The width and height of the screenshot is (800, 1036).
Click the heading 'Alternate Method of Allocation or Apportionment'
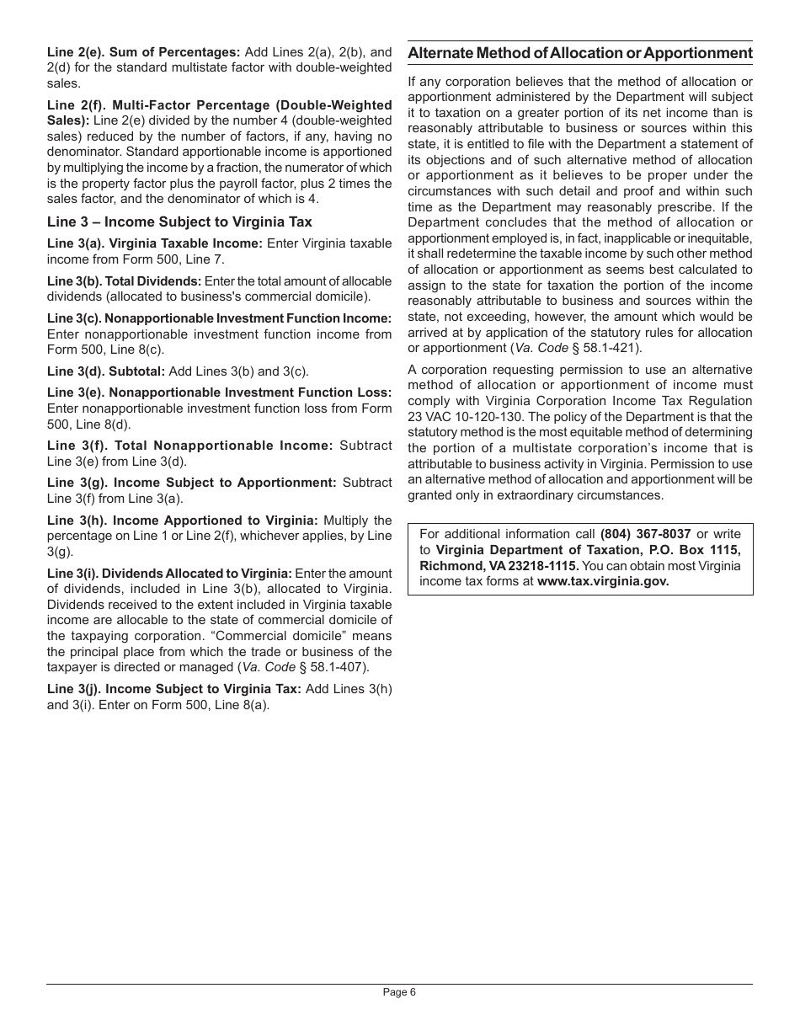click(580, 54)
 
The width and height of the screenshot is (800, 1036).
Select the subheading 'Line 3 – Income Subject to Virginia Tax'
click(179, 222)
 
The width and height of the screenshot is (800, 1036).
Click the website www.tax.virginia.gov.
click(603, 581)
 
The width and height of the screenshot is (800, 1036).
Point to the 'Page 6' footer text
click(399, 992)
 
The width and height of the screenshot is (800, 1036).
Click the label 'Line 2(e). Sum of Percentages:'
click(144, 52)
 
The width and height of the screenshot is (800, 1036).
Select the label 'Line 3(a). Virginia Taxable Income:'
click(155, 243)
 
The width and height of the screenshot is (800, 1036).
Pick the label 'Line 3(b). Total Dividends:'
click(125, 281)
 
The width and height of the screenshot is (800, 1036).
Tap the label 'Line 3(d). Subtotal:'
click(106, 371)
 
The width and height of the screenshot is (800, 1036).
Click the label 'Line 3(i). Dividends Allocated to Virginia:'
click(169, 574)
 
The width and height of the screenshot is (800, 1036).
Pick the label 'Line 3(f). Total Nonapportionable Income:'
click(190, 446)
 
